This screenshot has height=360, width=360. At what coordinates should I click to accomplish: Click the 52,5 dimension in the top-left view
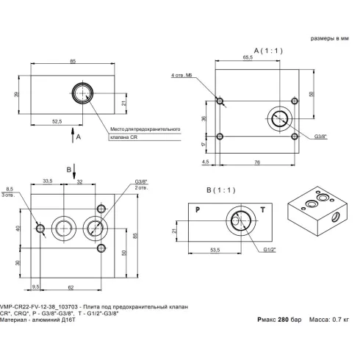point(51,121)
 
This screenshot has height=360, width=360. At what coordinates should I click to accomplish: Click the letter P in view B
point(197,210)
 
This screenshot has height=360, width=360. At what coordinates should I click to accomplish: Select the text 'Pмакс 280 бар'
point(279,320)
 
